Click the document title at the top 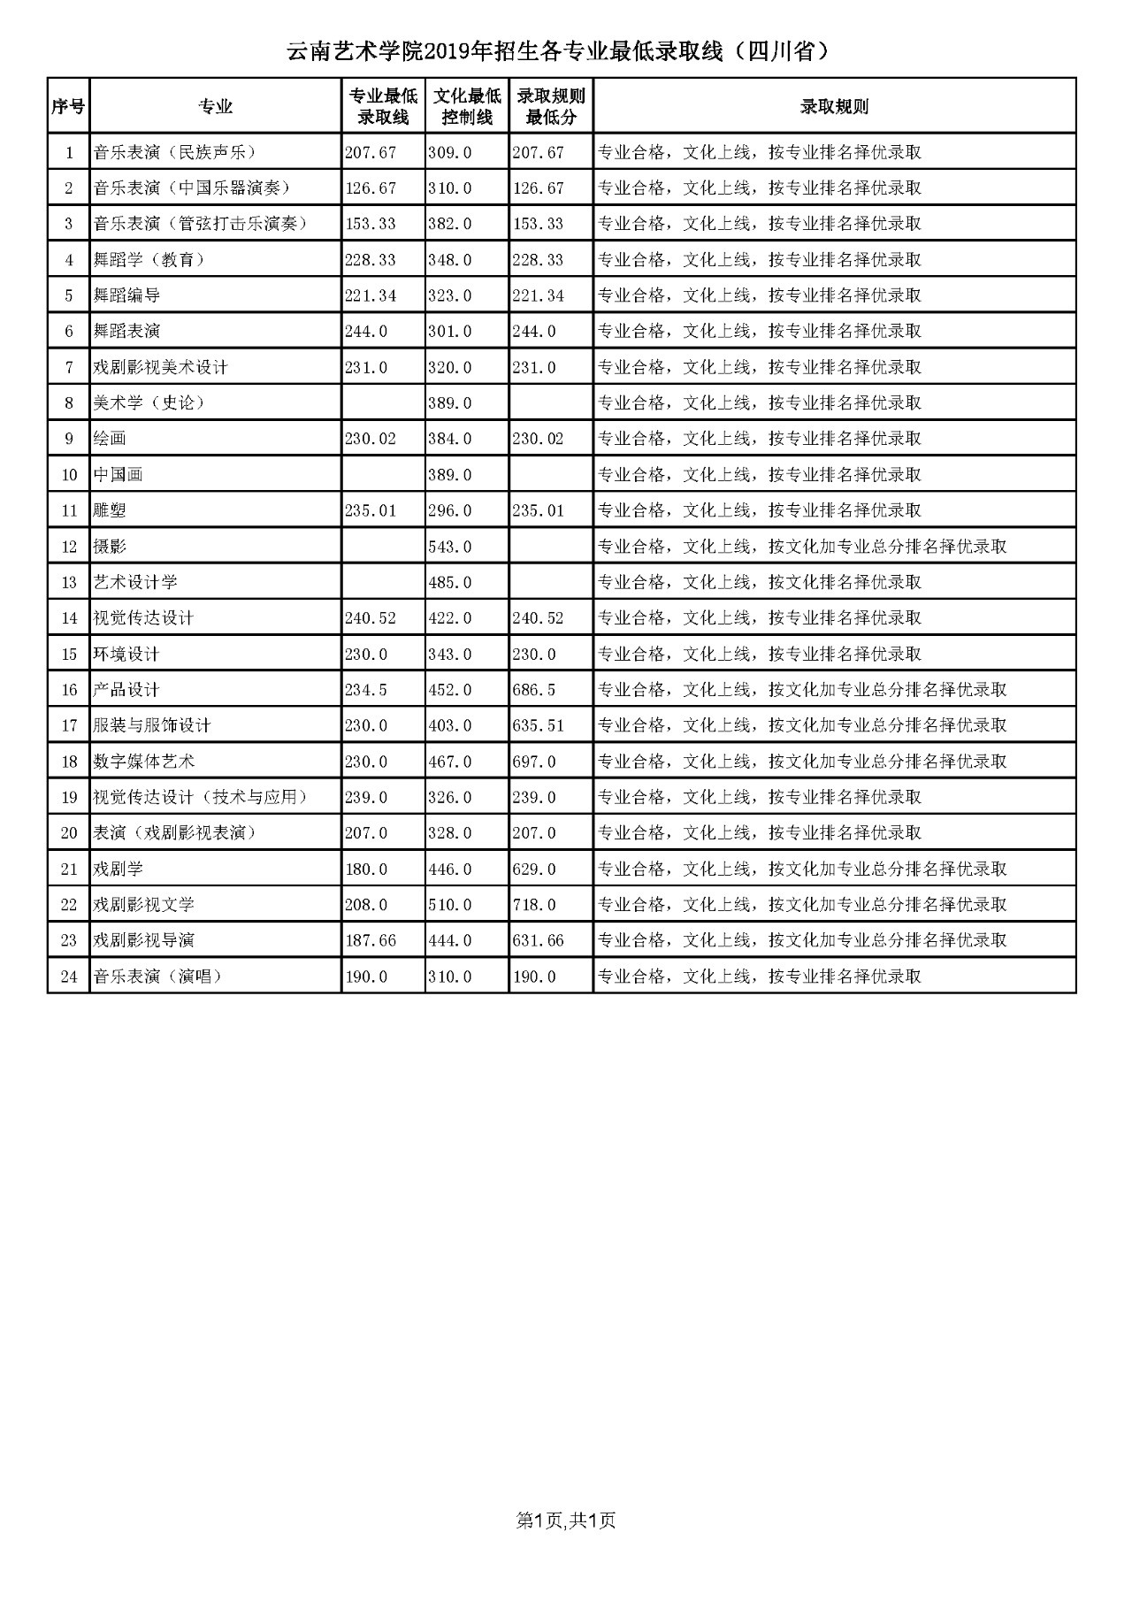pyautogui.click(x=559, y=52)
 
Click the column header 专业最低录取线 pyautogui.click(x=383, y=106)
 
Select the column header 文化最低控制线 pyautogui.click(x=467, y=106)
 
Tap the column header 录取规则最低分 pyautogui.click(x=551, y=106)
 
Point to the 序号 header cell pyautogui.click(x=68, y=107)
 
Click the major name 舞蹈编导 pyautogui.click(x=127, y=295)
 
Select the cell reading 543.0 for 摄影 pyautogui.click(x=450, y=547)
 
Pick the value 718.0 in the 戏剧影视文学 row pyautogui.click(x=534, y=905)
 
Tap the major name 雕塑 pyautogui.click(x=111, y=510)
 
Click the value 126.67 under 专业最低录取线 pyautogui.click(x=371, y=188)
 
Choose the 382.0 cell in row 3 pyautogui.click(x=450, y=224)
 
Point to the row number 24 pyautogui.click(x=69, y=977)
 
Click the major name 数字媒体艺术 pyautogui.click(x=144, y=762)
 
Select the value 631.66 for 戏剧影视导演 pyautogui.click(x=538, y=940)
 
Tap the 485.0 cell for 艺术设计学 pyautogui.click(x=450, y=582)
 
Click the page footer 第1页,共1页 pyautogui.click(x=566, y=1520)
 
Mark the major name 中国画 pyautogui.click(x=119, y=475)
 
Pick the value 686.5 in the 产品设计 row pyautogui.click(x=534, y=690)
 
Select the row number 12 pyautogui.click(x=69, y=547)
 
